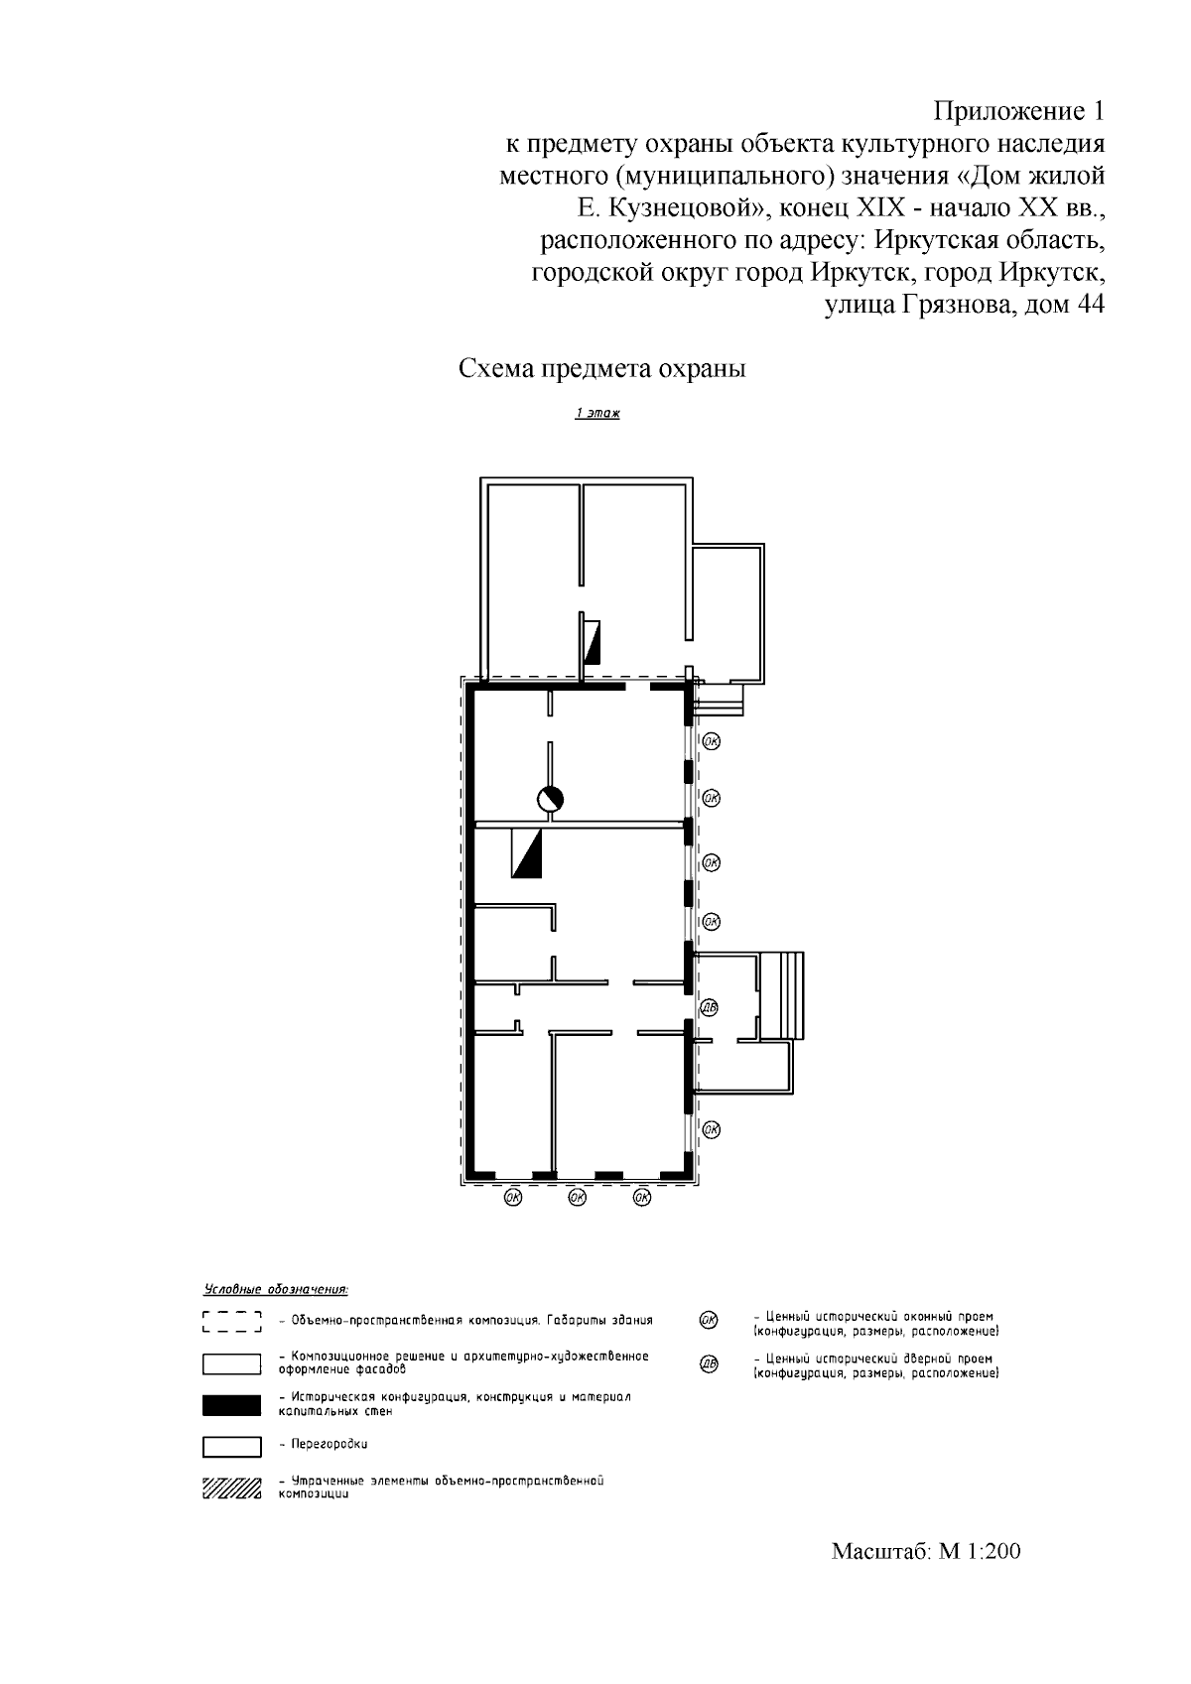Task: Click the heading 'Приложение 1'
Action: (1019, 112)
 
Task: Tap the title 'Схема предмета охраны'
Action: (602, 369)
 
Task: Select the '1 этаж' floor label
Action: (597, 413)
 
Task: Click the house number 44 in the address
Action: (1090, 306)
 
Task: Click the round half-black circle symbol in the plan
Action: (551, 799)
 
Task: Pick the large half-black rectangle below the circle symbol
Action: (526, 853)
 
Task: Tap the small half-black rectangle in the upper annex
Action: (593, 642)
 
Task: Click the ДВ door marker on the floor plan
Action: (709, 1007)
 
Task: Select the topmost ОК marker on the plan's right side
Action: (712, 742)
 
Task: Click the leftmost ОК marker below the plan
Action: (513, 1198)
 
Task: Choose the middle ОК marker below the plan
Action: (578, 1198)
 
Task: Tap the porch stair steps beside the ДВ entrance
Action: (782, 995)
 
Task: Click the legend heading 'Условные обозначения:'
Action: (276, 1290)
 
